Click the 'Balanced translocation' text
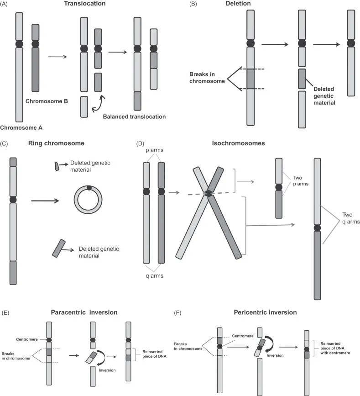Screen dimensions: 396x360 coord(134,117)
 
